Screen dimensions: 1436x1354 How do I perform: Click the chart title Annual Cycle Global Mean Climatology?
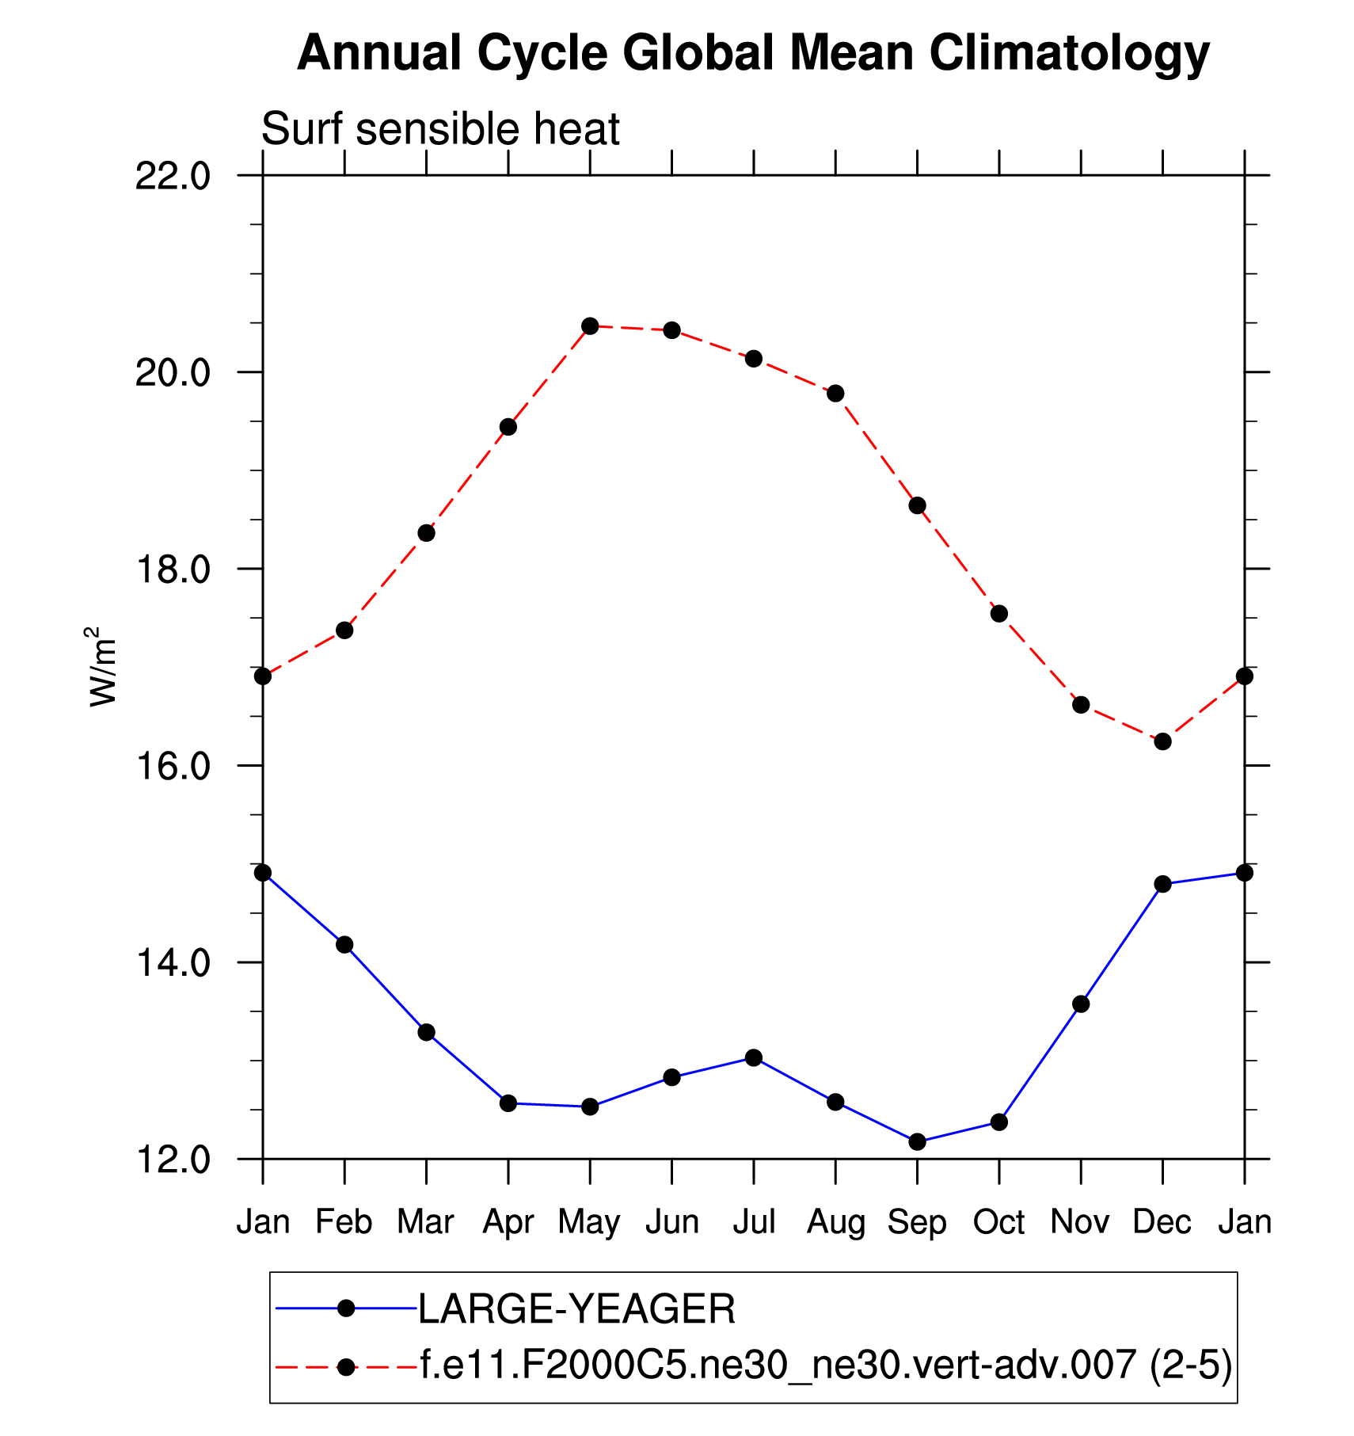(x=753, y=54)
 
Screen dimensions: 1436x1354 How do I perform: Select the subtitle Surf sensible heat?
(x=440, y=129)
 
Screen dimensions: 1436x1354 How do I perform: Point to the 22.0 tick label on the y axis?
(x=173, y=177)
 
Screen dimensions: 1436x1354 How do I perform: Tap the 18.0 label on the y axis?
(x=173, y=569)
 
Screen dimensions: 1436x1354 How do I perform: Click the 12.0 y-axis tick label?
(x=173, y=1160)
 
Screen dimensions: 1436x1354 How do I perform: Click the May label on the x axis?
(x=589, y=1222)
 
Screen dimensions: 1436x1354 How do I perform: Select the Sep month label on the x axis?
(x=917, y=1222)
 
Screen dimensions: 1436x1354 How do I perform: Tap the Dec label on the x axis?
(x=1162, y=1222)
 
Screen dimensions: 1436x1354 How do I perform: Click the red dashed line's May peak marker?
(x=590, y=326)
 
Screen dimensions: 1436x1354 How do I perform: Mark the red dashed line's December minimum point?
(x=1162, y=741)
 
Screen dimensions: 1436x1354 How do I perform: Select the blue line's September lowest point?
(x=917, y=1141)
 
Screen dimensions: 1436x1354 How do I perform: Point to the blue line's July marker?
(x=754, y=1057)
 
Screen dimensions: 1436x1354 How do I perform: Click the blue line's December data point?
(x=1162, y=884)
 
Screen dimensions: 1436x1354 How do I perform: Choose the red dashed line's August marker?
(x=835, y=394)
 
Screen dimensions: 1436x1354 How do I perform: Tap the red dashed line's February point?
(x=344, y=630)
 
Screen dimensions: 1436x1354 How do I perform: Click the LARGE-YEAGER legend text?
(x=576, y=1308)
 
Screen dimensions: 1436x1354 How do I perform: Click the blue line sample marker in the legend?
(x=345, y=1308)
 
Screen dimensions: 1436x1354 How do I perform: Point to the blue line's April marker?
(x=508, y=1103)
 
